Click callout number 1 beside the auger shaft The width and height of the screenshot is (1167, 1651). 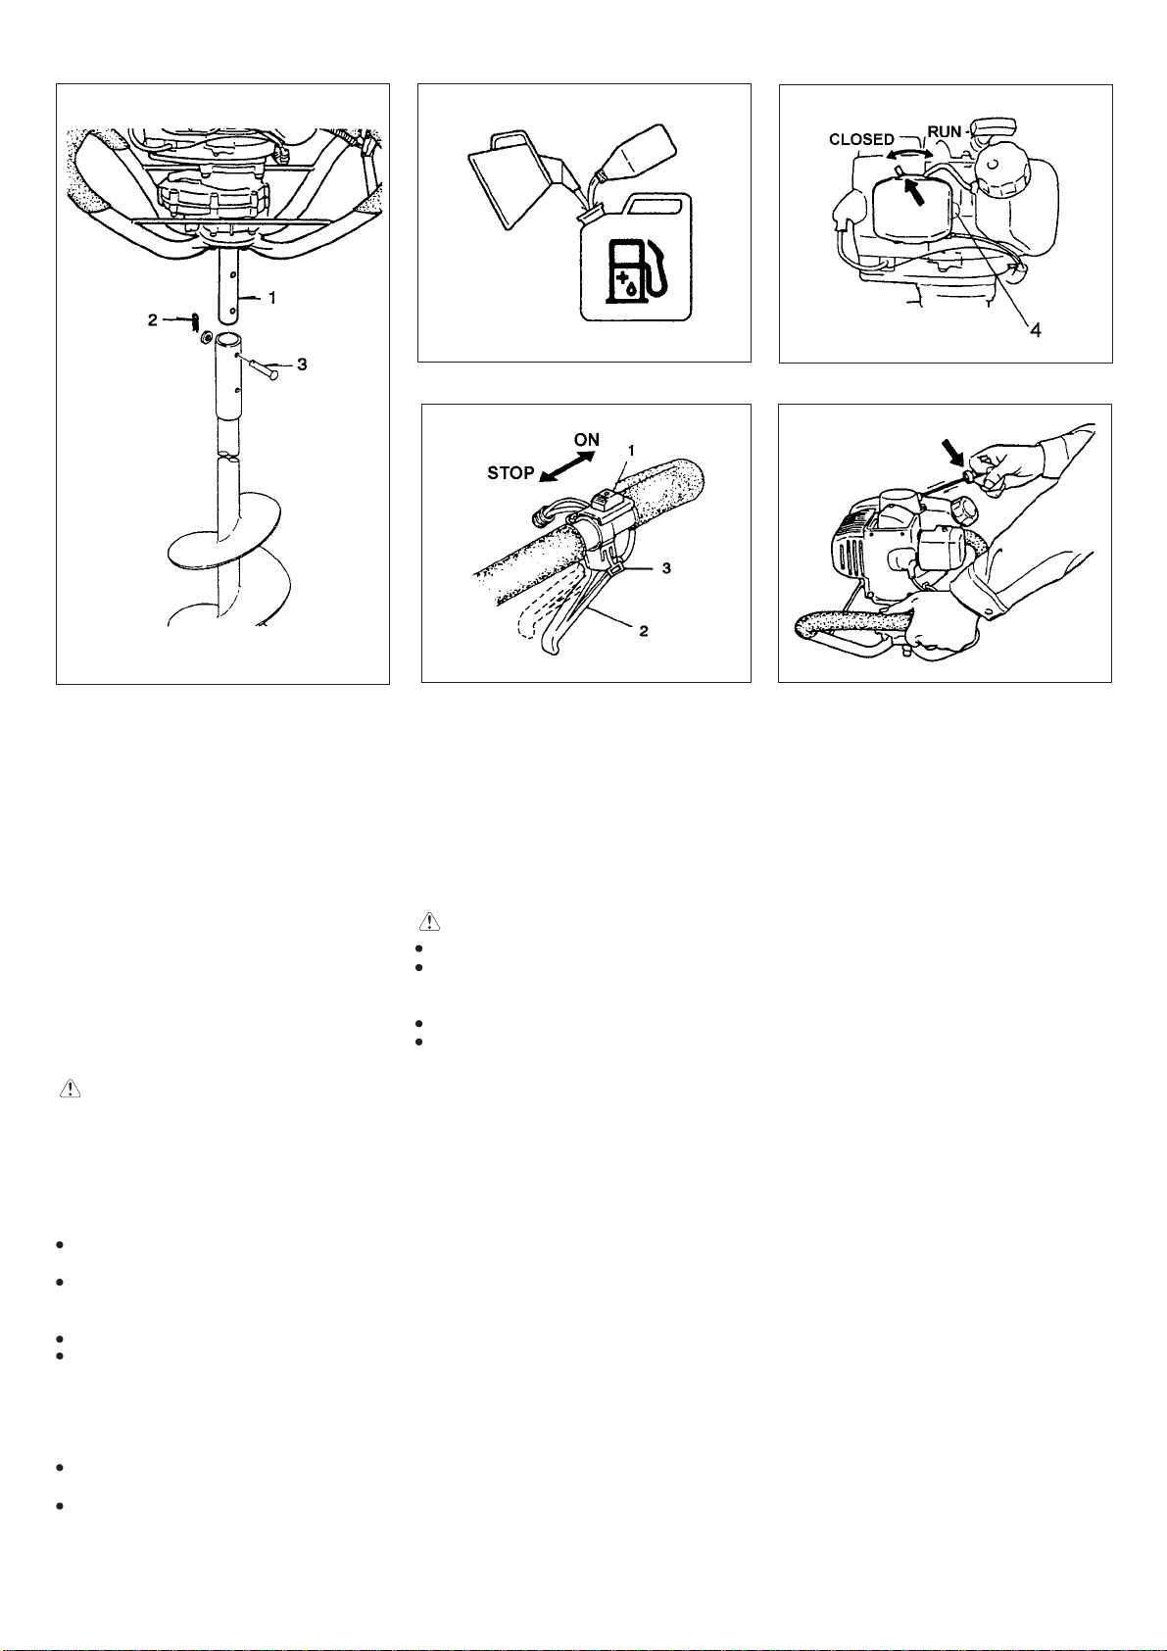pyautogui.click(x=272, y=298)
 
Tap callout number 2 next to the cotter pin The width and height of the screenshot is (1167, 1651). pyautogui.click(x=153, y=320)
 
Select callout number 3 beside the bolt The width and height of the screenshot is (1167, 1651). pyautogui.click(x=302, y=364)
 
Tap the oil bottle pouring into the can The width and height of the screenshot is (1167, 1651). pyautogui.click(x=632, y=157)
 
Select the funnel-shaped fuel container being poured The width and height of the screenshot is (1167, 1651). pyautogui.click(x=523, y=179)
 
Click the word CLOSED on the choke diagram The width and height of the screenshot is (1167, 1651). pyautogui.click(x=862, y=140)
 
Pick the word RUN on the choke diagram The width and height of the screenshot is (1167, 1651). pyautogui.click(x=945, y=132)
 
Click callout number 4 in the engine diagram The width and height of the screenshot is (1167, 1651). pyautogui.click(x=1035, y=330)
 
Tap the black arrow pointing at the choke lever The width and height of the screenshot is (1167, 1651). pyautogui.click(x=915, y=193)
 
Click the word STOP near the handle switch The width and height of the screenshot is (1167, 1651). pyautogui.click(x=511, y=473)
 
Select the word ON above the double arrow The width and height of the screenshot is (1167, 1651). pyautogui.click(x=587, y=440)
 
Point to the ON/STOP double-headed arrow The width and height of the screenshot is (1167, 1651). pyautogui.click(x=567, y=465)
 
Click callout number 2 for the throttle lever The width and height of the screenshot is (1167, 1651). pyautogui.click(x=644, y=631)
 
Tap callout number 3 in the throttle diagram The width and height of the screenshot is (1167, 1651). pyautogui.click(x=666, y=568)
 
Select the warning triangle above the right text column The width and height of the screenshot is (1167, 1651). pyautogui.click(x=429, y=921)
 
